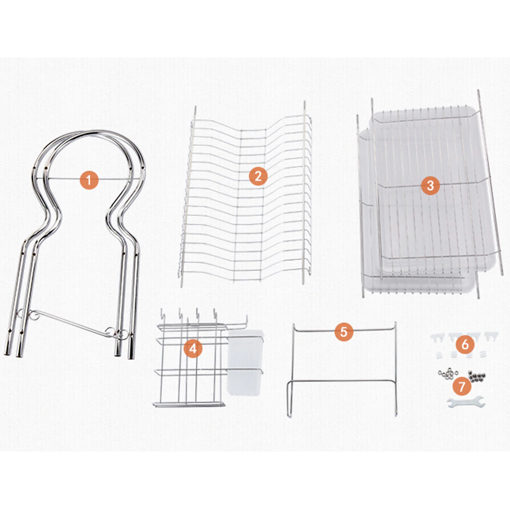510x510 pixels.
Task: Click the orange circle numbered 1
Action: pyautogui.click(x=89, y=180)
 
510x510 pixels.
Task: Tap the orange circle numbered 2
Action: pyautogui.click(x=258, y=176)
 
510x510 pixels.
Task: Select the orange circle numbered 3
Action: pyautogui.click(x=430, y=185)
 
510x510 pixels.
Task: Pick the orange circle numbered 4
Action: pyautogui.click(x=193, y=349)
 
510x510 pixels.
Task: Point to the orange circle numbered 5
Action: pyautogui.click(x=344, y=331)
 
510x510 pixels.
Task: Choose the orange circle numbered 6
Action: pyautogui.click(x=465, y=344)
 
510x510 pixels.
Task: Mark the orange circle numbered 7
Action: pyautogui.click(x=462, y=386)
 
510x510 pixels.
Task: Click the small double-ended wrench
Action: pyautogui.click(x=466, y=402)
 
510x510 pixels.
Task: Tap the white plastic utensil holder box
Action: pyautogui.click(x=245, y=363)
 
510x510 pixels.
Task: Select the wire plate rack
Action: pyautogui.click(x=245, y=195)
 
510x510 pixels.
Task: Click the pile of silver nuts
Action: pyautogui.click(x=448, y=374)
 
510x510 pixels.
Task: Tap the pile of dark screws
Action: pyautogui.click(x=477, y=376)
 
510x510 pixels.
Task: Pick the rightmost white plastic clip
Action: pyautogui.click(x=491, y=337)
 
